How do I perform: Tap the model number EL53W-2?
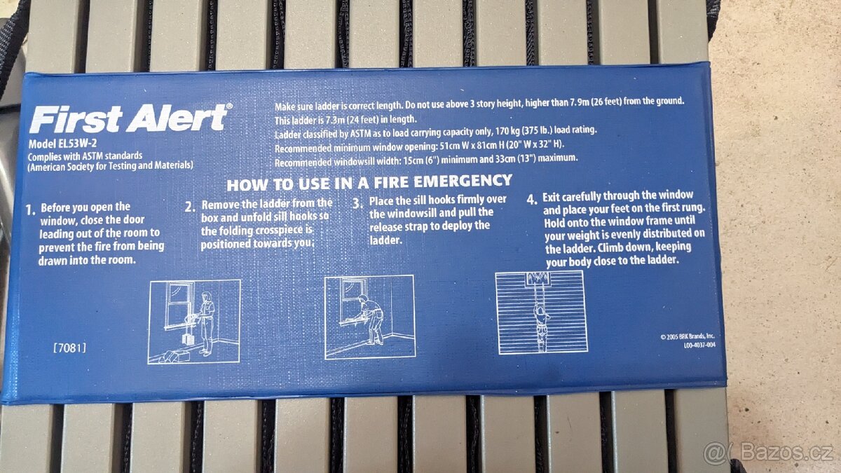click(77, 144)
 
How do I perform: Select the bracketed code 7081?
click(69, 348)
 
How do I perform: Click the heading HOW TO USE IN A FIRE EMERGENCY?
click(369, 183)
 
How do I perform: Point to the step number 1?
click(30, 210)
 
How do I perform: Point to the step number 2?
click(190, 207)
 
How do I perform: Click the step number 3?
click(357, 203)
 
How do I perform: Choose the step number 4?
click(532, 199)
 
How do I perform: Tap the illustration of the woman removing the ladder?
click(194, 322)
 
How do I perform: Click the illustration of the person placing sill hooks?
click(370, 317)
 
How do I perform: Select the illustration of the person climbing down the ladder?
click(541, 313)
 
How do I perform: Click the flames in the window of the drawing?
click(538, 279)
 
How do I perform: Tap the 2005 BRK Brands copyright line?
click(688, 337)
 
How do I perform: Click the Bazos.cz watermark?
click(768, 453)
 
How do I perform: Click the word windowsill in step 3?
click(412, 213)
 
